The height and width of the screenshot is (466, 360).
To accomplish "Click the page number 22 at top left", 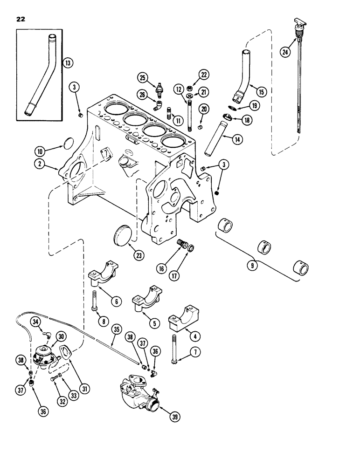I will (x=21, y=19).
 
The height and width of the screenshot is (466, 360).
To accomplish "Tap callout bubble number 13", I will (x=68, y=63).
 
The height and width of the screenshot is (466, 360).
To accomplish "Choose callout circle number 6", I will (x=116, y=302).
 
